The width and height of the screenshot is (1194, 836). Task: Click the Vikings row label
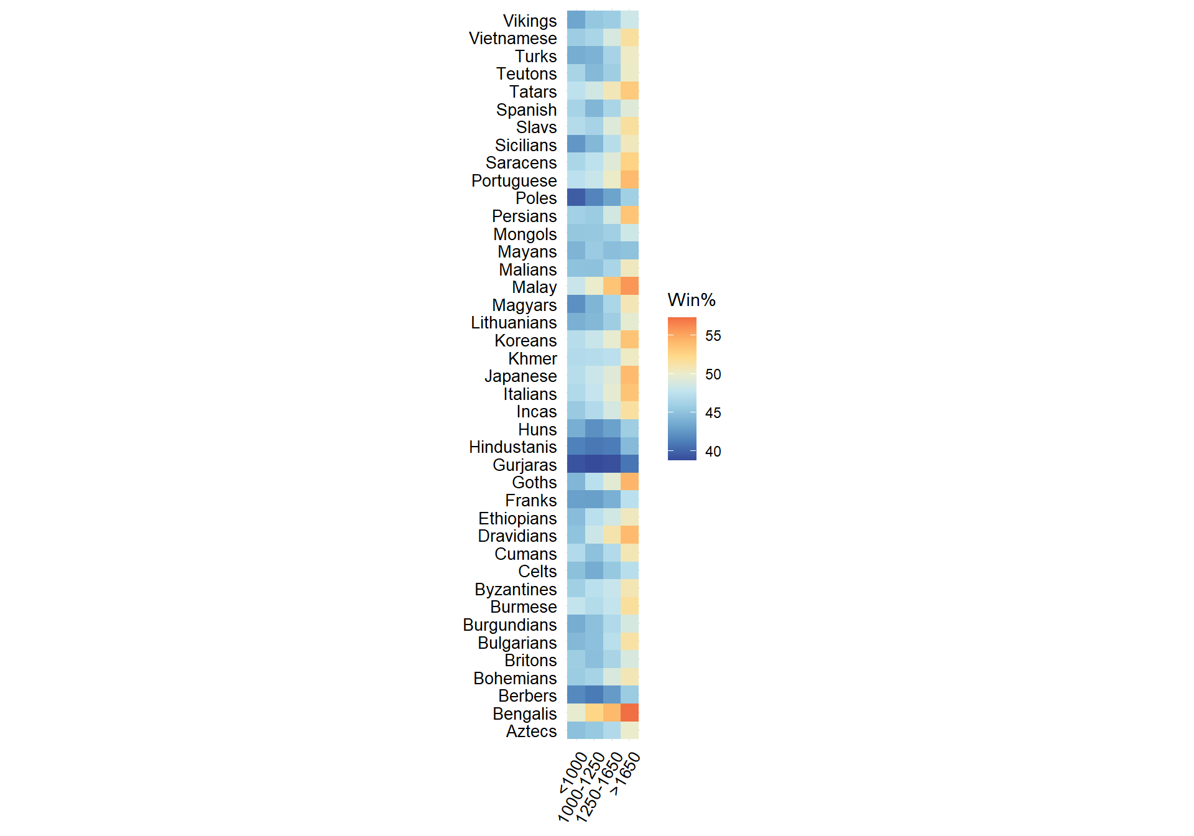529,21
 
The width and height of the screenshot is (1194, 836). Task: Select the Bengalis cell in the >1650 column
629,713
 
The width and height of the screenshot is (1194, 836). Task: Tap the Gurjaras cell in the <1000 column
576,464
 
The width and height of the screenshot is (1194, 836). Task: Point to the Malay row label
534,287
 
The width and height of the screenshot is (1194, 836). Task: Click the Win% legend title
691,300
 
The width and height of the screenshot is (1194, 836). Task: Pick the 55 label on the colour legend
713,336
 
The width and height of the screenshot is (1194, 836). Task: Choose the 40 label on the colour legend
713,452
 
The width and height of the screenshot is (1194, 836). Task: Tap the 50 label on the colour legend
713,374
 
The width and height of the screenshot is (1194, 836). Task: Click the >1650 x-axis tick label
625,773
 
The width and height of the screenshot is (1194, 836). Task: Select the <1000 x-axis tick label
573,772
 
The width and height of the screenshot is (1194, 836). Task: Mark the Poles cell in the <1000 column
576,198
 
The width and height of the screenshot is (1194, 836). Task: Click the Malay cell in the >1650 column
629,287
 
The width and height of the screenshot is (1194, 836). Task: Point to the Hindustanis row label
512,447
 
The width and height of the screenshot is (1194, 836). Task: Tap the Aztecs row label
531,731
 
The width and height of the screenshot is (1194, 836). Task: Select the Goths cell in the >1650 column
629,482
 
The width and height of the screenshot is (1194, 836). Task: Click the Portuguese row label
514,181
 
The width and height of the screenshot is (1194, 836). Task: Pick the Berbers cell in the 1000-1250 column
594,695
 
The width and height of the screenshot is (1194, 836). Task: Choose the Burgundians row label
509,625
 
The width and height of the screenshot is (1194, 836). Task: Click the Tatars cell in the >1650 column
629,91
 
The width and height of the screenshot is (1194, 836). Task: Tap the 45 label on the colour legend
713,413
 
